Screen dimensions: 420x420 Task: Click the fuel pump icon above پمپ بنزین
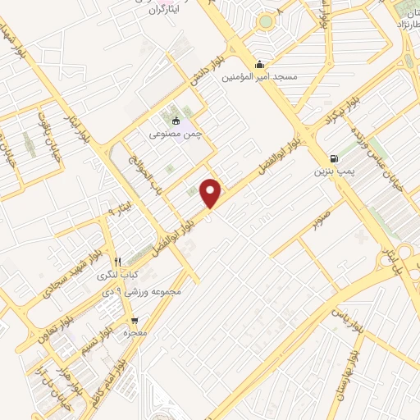[332, 159]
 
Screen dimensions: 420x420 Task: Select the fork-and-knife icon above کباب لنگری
[118, 262]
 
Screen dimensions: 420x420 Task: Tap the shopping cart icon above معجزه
[134, 321]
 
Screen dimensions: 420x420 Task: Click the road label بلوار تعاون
[51, 321]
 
